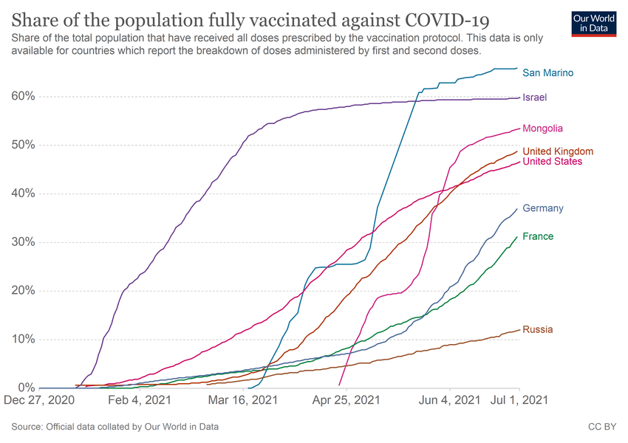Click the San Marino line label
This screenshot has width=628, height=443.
tap(547, 72)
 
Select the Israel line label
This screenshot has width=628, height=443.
tap(534, 97)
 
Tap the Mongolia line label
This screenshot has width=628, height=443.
tap(542, 128)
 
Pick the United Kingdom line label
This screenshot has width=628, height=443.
tap(558, 151)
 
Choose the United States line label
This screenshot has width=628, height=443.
tap(552, 162)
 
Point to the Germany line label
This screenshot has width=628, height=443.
tap(542, 208)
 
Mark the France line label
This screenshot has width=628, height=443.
tap(537, 236)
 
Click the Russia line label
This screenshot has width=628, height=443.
tap(537, 329)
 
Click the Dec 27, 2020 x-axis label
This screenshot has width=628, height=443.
tap(38, 401)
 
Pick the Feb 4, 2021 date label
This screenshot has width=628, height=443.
tap(140, 401)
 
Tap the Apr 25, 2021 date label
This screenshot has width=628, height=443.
tap(347, 401)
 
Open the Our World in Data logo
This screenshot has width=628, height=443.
tap(595, 23)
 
